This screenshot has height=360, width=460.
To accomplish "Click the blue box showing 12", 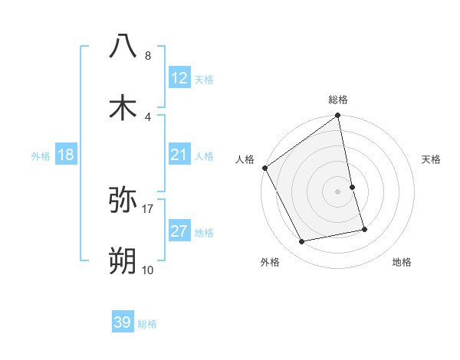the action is pyautogui.click(x=179, y=78).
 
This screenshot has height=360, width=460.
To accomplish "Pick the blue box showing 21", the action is pyautogui.click(x=179, y=155).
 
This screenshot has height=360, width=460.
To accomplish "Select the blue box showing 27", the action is pyautogui.click(x=179, y=232).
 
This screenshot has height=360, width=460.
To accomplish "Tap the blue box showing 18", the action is pyautogui.click(x=66, y=155).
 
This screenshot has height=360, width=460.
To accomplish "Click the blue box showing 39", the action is pyautogui.click(x=123, y=322).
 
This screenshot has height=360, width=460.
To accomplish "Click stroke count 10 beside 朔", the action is pyautogui.click(x=148, y=270).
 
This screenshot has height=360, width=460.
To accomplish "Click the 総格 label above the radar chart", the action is pyautogui.click(x=338, y=100).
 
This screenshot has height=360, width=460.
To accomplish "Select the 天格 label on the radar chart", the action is pyautogui.click(x=432, y=159).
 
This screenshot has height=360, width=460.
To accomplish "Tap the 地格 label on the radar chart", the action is pyautogui.click(x=402, y=262).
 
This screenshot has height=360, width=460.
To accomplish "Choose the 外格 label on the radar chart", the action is pyautogui.click(x=270, y=262).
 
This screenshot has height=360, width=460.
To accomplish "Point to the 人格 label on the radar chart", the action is pyautogui.click(x=245, y=159).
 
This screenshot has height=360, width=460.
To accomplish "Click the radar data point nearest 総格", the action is pyautogui.click(x=338, y=116).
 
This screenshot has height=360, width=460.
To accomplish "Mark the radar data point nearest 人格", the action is pyautogui.click(x=265, y=168).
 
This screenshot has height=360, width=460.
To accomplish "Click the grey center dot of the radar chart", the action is pyautogui.click(x=338, y=191).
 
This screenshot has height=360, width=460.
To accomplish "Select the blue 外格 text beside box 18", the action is pyautogui.click(x=41, y=155).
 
